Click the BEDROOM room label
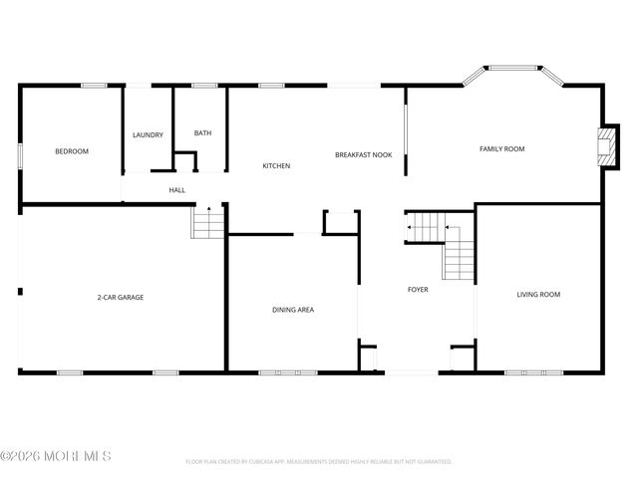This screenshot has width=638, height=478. [x=72, y=151]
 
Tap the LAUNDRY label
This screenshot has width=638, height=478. [x=149, y=134]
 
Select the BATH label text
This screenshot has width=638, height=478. [x=202, y=133]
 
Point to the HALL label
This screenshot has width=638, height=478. [x=176, y=190]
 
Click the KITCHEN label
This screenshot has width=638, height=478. [x=276, y=165]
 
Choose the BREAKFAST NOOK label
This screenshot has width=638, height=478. [x=363, y=155]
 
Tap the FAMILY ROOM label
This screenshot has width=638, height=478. [x=501, y=148]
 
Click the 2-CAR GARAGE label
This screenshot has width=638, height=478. [x=120, y=297]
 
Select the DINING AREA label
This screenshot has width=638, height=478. [x=293, y=310]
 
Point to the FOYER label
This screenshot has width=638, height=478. [x=418, y=290]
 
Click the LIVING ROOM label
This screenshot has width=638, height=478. [x=538, y=294]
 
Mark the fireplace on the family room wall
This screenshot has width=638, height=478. [x=604, y=146]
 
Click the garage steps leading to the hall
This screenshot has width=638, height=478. [x=208, y=222]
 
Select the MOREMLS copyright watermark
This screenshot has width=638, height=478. [x=56, y=456]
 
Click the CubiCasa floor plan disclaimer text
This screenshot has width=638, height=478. [x=319, y=462]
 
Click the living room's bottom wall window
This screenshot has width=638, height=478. [x=533, y=372]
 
